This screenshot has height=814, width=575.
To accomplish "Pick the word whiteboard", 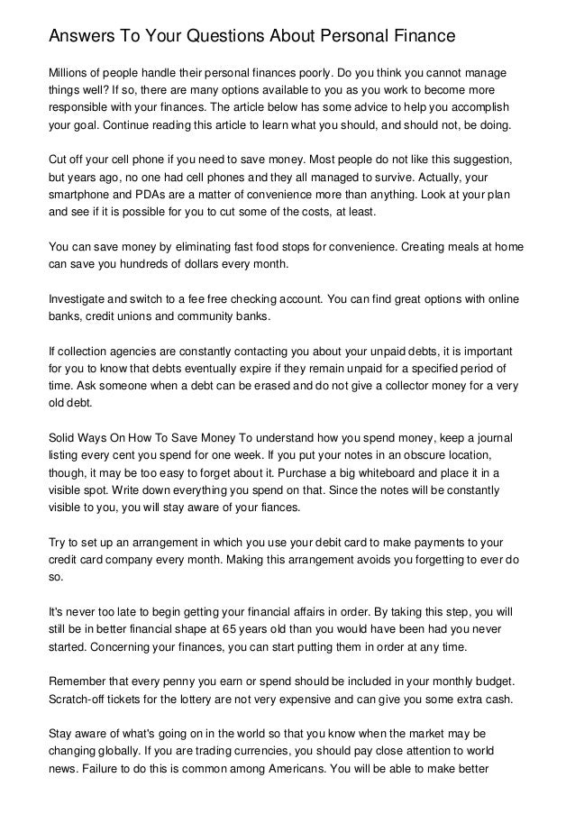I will [x=400, y=474].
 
